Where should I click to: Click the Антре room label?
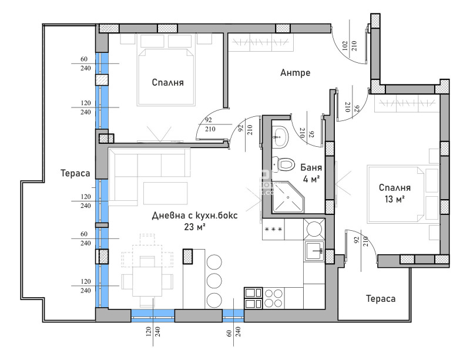pos(295,73)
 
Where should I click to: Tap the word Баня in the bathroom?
pos(309,167)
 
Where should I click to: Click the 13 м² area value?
pos(395,199)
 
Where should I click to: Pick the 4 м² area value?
pos(311,179)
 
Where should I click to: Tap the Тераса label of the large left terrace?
pos(75,174)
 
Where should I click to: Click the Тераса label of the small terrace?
pos(380,298)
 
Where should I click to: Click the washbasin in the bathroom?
pos(280,136)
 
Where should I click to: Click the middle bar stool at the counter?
pos(216,279)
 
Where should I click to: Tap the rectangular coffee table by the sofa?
pos(166,192)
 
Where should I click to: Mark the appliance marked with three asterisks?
pos(274,229)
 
